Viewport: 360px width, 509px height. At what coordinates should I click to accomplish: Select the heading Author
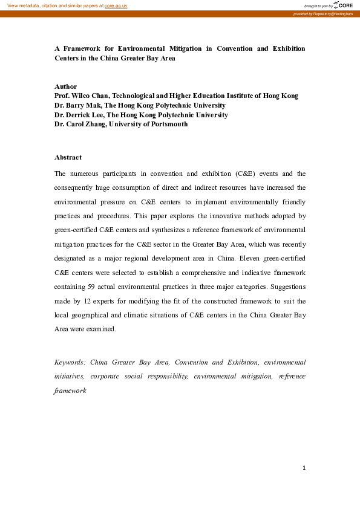pos(65,86)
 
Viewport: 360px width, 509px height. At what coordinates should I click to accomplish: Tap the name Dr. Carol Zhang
pos(79,124)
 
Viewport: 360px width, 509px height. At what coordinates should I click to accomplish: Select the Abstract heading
pos(68,157)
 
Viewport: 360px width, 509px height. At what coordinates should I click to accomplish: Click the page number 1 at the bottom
pos(304,467)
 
